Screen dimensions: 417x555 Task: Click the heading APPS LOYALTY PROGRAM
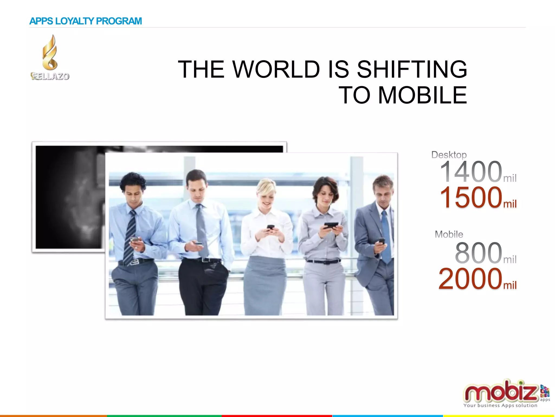(x=85, y=21)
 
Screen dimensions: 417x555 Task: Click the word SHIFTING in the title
(x=412, y=69)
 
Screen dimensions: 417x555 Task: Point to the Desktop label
(x=449, y=155)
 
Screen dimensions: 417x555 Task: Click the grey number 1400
(x=471, y=172)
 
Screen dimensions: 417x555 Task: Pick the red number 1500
(x=471, y=197)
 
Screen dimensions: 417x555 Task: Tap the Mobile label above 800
(x=449, y=234)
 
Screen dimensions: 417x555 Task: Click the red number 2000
(x=470, y=279)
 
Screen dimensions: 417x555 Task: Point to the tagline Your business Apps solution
(x=500, y=405)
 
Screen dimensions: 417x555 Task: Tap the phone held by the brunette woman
(x=331, y=225)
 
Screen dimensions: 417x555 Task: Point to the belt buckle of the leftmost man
(x=135, y=262)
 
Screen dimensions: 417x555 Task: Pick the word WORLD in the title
(x=276, y=69)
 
